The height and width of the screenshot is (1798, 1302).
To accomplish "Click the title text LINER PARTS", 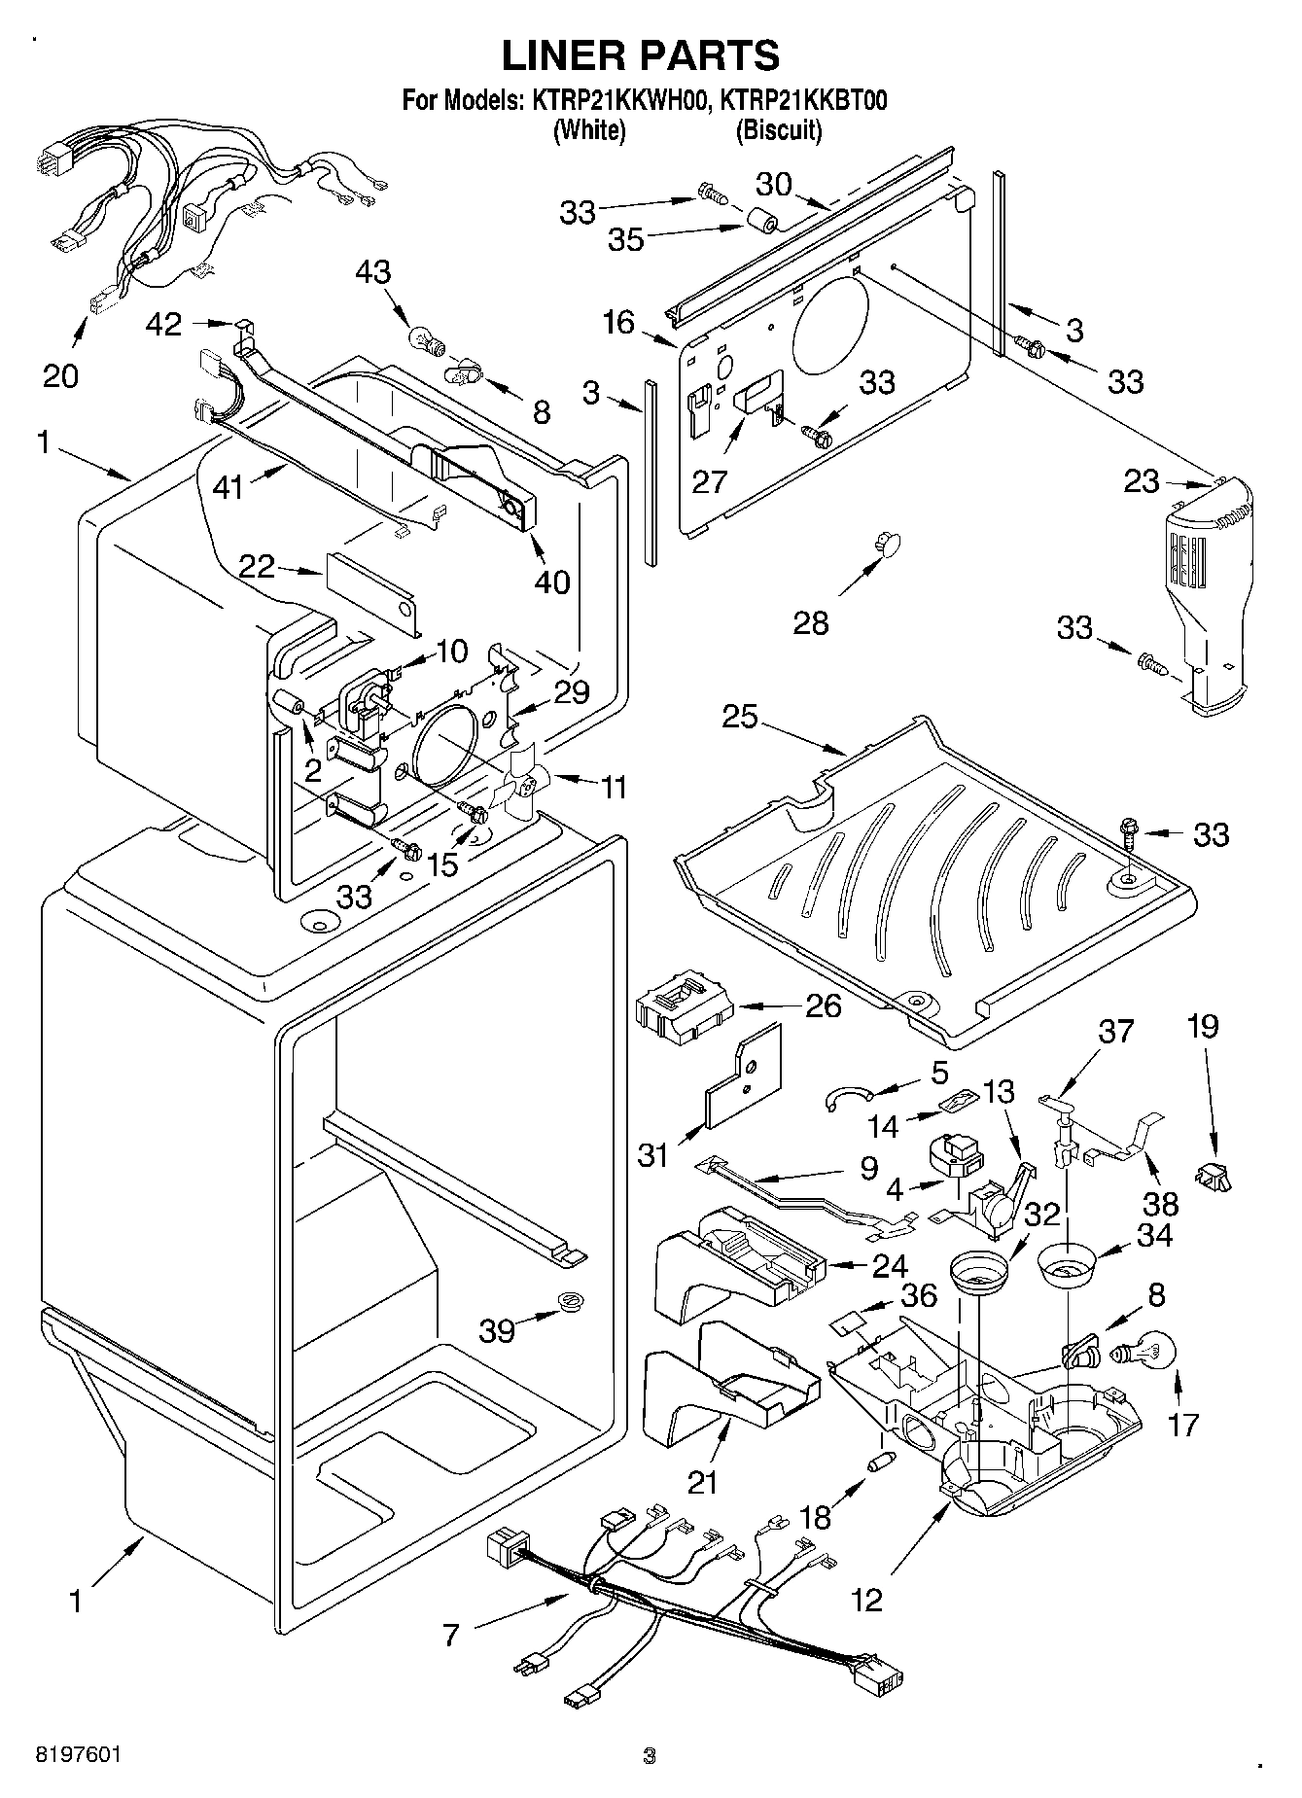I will (x=640, y=56).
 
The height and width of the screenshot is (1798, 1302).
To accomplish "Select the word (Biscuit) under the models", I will (x=779, y=130).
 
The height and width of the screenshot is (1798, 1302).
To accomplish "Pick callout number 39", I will (x=497, y=1330).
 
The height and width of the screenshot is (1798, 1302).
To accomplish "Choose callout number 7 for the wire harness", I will (x=449, y=1635).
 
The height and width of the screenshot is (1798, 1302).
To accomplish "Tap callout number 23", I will (x=1143, y=480).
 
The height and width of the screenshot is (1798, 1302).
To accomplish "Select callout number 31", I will (x=653, y=1155).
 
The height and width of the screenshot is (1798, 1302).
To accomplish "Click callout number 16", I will (x=618, y=322).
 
